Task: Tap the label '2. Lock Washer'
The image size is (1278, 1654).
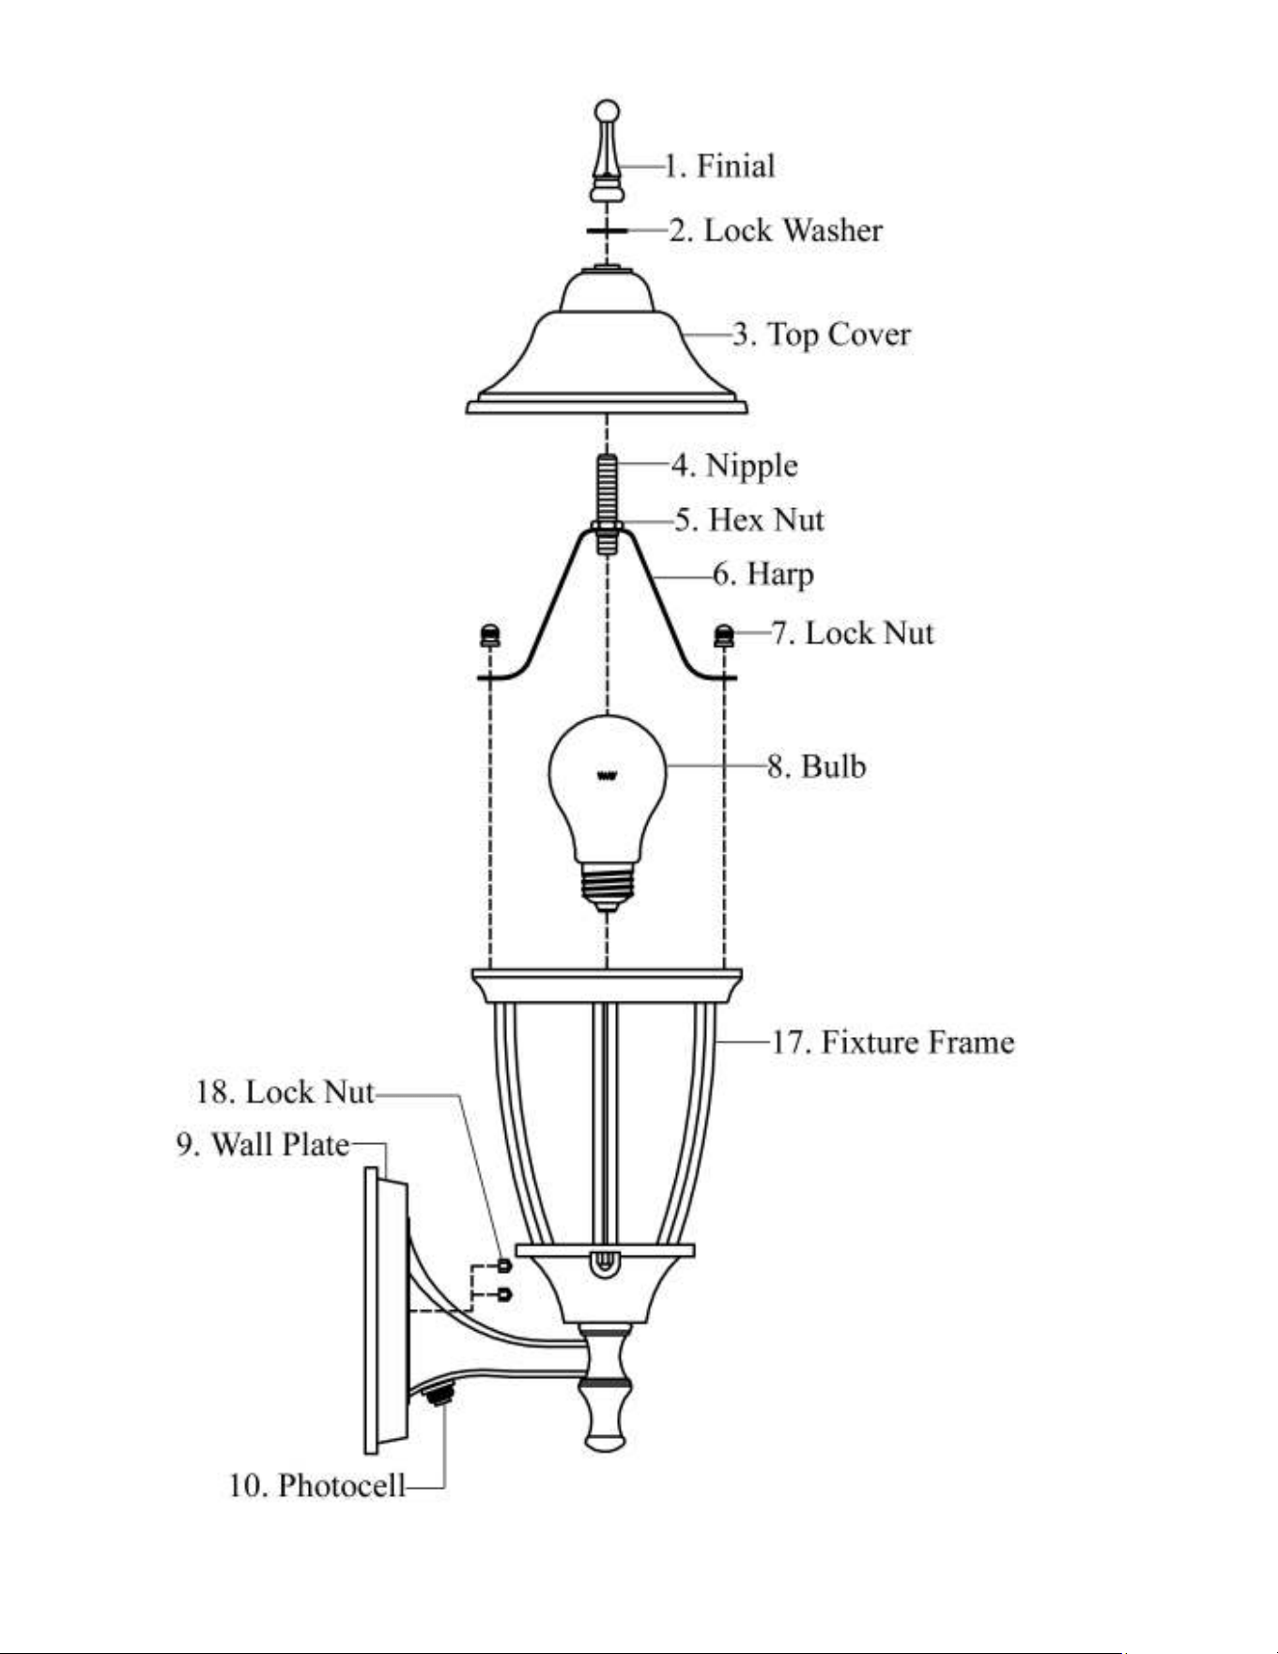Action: click(x=776, y=230)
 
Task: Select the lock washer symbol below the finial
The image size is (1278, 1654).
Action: click(x=608, y=230)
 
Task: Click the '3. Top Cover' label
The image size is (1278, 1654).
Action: click(x=822, y=334)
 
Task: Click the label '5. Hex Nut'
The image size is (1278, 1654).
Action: click(x=748, y=519)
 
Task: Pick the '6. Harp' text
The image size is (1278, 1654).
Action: click(x=763, y=574)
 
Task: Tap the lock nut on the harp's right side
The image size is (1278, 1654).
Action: click(x=724, y=636)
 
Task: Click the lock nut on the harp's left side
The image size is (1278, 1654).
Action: click(x=489, y=636)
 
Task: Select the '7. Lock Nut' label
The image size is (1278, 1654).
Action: click(x=853, y=633)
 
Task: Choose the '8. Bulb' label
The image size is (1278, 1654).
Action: click(x=816, y=766)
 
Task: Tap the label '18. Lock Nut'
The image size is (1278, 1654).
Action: click(x=285, y=1091)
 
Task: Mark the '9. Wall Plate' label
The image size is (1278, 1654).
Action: click(x=263, y=1145)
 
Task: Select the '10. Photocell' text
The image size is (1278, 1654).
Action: click(x=317, y=1486)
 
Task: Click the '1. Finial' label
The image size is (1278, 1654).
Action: click(x=720, y=166)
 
